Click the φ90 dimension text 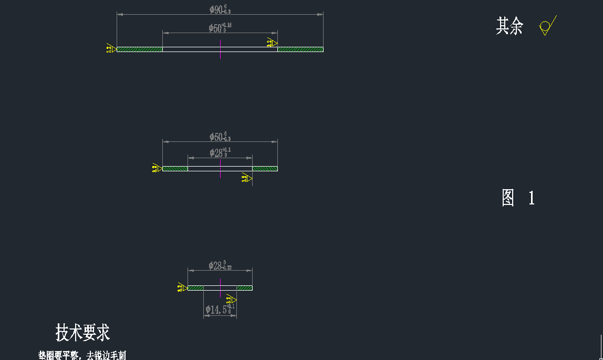(x=220, y=9)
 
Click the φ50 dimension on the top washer (x=220, y=28)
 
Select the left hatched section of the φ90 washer (x=139, y=49)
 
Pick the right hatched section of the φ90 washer (x=300, y=49)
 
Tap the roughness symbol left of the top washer (x=111, y=49)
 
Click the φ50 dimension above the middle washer (x=220, y=137)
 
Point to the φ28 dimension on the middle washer (x=220, y=153)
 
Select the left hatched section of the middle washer (x=175, y=169)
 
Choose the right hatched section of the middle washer (x=265, y=169)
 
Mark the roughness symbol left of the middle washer (x=156, y=168)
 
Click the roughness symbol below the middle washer (x=246, y=179)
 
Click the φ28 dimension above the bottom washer (x=220, y=266)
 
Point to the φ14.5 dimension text (x=220, y=310)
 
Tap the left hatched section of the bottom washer (x=195, y=288)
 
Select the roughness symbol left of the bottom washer (x=182, y=287)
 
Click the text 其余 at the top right (x=510, y=26)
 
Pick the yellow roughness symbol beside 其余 (x=547, y=26)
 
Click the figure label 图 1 (x=518, y=198)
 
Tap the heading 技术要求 (x=82, y=333)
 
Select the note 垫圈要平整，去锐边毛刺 (x=82, y=356)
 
